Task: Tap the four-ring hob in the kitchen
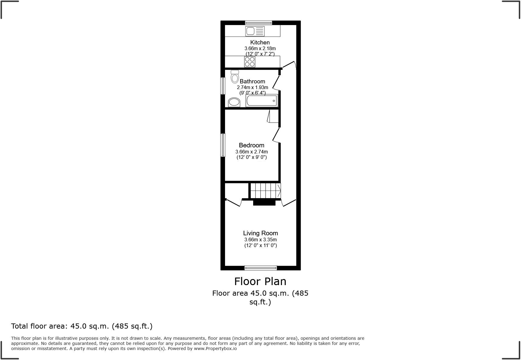(250, 62)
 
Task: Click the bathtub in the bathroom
(262, 101)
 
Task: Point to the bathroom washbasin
(234, 102)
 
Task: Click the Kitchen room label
(260, 43)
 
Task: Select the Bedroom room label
(251, 145)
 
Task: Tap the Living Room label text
(260, 233)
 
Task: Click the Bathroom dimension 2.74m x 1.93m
(252, 87)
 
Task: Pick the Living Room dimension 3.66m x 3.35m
(260, 239)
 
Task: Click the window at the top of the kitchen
(258, 22)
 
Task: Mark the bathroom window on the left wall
(223, 86)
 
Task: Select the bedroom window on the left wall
(223, 145)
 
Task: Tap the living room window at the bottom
(260, 268)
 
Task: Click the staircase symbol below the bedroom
(266, 191)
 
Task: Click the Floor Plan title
(260, 281)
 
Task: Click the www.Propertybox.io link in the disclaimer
(215, 349)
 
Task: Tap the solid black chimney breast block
(264, 203)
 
